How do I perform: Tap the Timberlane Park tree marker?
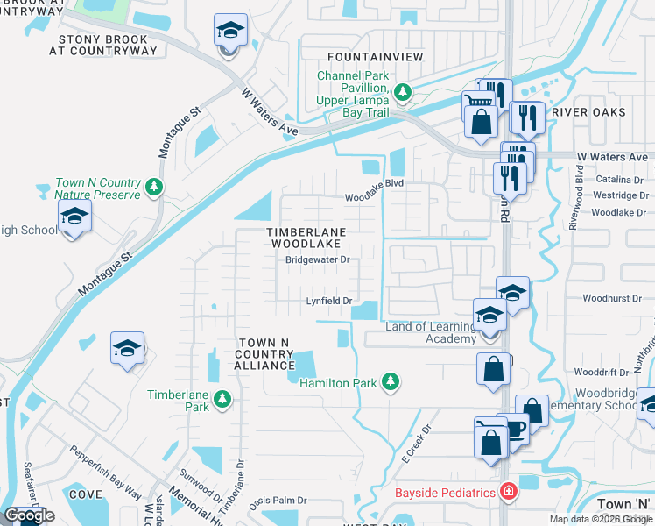coord(222,400)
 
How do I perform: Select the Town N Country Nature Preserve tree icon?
coord(154,186)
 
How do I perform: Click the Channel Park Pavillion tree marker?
coord(402,90)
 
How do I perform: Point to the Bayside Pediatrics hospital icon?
coord(507,493)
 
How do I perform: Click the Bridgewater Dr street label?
coord(317,259)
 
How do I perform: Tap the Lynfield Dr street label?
coord(328,301)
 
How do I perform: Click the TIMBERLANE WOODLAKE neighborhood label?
coord(306,237)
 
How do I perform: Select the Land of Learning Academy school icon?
coord(489,315)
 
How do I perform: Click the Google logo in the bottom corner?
coord(29,515)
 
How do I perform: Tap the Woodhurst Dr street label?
coord(611,299)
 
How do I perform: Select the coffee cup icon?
coord(515,430)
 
